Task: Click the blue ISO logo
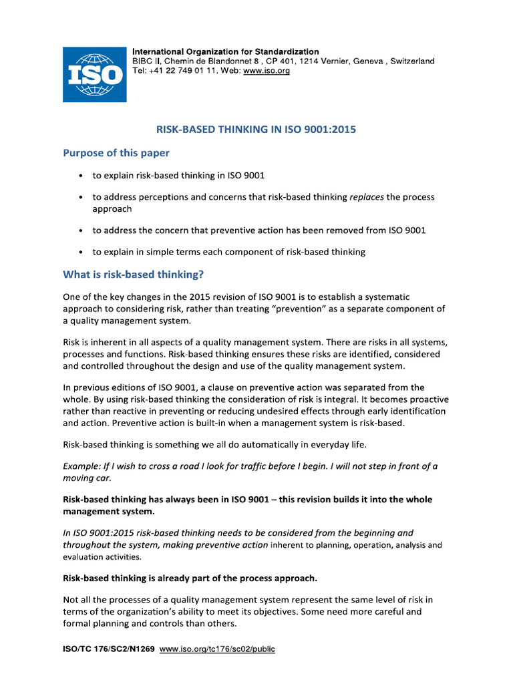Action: click(94, 74)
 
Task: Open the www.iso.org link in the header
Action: click(267, 71)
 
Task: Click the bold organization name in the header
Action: click(226, 51)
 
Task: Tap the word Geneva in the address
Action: click(364, 61)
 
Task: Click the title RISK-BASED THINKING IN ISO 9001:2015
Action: click(256, 130)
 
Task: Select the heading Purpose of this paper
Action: click(116, 153)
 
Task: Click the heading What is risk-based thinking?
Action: click(133, 274)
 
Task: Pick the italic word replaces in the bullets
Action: click(367, 197)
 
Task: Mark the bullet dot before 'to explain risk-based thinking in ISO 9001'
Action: click(81, 176)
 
